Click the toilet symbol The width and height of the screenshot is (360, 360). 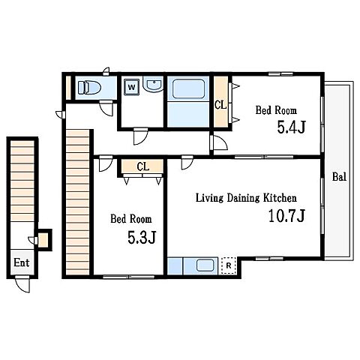point(89,88)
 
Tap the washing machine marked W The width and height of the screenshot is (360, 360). point(131,87)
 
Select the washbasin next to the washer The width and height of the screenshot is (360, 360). point(153,84)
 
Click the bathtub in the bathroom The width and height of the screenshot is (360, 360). point(188,89)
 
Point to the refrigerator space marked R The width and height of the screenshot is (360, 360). point(229,265)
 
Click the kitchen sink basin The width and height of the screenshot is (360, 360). point(205,265)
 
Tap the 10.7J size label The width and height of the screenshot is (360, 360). point(286,216)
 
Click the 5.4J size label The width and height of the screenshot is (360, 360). point(292,127)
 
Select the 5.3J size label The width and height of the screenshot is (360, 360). point(142,237)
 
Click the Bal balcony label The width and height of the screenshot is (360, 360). point(339,177)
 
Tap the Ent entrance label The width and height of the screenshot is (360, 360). point(22,262)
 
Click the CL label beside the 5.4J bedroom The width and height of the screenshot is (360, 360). point(220,105)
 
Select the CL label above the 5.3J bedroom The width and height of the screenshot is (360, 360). point(143,166)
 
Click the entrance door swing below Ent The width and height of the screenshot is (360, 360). point(22,284)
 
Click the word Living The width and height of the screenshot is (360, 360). point(209,199)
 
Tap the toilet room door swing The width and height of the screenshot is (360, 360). point(106,108)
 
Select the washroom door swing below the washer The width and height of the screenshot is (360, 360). point(140,136)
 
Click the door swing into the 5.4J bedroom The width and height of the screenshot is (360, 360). point(219,142)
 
